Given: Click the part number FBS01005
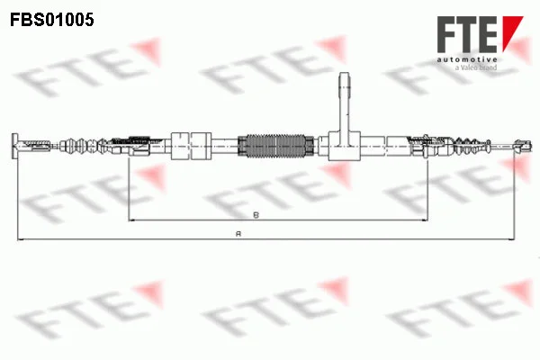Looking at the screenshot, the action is [52, 20].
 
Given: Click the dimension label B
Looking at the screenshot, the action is [256, 215].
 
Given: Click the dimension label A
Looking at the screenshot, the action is [238, 234].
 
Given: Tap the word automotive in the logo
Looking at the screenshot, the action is [467, 59].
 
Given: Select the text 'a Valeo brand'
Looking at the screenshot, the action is [476, 67].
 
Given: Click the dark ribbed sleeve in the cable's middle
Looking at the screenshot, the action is [276, 146].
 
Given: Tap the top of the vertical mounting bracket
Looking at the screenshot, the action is [345, 74].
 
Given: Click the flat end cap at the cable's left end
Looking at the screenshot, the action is [14, 146].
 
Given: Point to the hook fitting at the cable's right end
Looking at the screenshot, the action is [523, 146].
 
